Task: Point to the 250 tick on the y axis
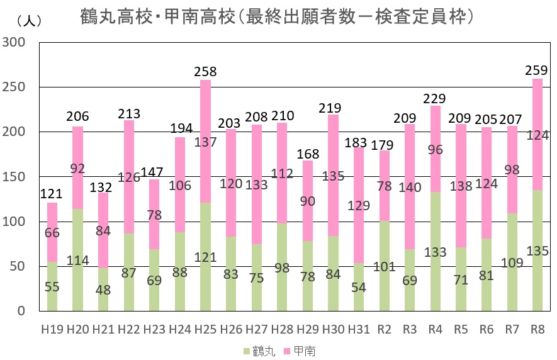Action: click(13, 87)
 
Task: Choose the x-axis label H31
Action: click(359, 329)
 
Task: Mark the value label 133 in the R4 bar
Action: click(435, 252)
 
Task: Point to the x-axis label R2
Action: click(384, 329)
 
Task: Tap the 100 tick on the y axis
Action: click(13, 222)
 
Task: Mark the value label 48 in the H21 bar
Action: click(103, 291)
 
